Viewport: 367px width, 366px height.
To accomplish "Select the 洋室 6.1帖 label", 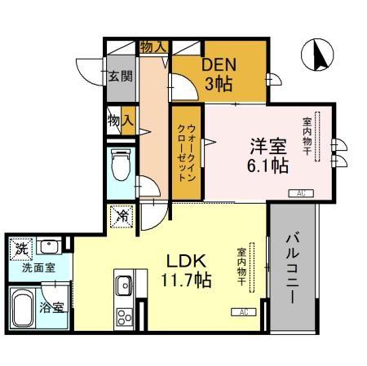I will coord(267,155).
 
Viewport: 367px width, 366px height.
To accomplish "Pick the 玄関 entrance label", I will coord(118,78).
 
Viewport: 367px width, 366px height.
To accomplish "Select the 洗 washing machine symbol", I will coord(20,247).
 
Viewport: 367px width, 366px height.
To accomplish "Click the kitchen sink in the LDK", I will coord(123,285).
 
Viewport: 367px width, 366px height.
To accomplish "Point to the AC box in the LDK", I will coord(243,312).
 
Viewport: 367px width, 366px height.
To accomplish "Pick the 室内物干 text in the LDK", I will coord(242,267).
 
